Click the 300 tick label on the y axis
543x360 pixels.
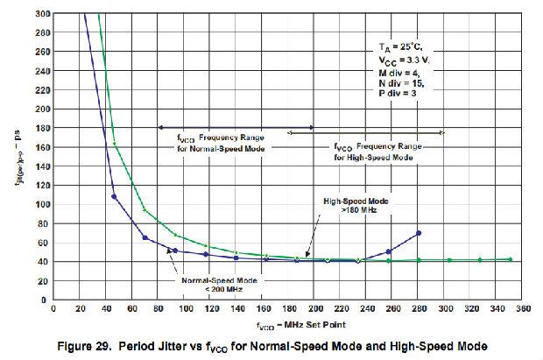[40, 14]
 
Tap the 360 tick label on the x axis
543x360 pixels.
[524, 309]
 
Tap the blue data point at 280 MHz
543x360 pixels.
[420, 233]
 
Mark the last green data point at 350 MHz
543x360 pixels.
[511, 259]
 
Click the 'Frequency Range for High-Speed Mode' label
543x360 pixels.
[375, 152]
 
